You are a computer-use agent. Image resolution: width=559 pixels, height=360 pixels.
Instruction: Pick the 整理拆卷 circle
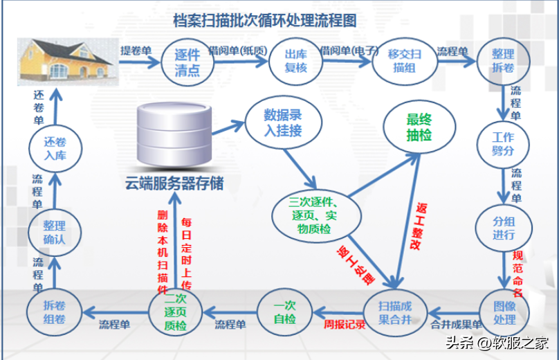pos(502,63)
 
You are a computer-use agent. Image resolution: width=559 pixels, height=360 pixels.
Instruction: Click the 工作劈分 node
pos(503,144)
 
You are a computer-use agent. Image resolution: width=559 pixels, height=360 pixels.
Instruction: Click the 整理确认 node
pos(54,232)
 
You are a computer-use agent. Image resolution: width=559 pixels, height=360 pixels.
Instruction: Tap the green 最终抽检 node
pos(419,126)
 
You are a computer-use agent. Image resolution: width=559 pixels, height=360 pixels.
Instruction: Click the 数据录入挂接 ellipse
pos(273,122)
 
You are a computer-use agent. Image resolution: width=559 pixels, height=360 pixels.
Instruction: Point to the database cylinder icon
pos(174,135)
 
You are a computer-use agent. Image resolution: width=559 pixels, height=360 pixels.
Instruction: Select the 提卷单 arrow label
pos(136,51)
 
